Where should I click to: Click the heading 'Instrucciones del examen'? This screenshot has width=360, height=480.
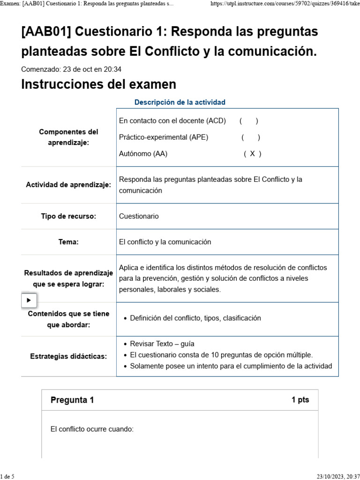tap(99, 84)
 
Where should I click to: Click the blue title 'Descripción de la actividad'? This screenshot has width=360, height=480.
tap(180, 102)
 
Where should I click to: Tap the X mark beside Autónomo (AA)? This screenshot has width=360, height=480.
tap(253, 154)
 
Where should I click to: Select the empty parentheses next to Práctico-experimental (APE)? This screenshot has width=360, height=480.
tap(251, 137)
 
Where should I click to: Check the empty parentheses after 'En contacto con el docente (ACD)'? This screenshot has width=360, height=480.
tap(248, 121)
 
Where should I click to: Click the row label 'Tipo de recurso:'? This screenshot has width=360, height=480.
tap(68, 216)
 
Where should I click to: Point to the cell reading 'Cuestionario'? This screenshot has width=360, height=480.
tap(139, 216)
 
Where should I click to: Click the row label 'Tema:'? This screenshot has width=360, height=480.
tap(68, 242)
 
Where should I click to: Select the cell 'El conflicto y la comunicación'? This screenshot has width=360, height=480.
tap(165, 242)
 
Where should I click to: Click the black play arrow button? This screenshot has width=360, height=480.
tap(29, 300)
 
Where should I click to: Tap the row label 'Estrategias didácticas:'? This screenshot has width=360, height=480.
tap(68, 356)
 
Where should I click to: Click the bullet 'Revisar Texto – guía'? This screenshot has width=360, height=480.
tap(162, 344)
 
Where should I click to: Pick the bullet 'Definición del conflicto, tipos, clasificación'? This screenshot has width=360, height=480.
tap(195, 318)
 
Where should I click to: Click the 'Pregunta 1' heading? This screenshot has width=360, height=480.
tap(72, 400)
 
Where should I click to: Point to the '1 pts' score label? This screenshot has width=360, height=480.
tap(300, 400)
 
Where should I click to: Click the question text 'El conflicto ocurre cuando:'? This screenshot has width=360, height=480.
tap(92, 429)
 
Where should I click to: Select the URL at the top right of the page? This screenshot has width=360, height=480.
tap(285, 3)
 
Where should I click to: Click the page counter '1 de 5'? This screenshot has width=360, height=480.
tap(7, 476)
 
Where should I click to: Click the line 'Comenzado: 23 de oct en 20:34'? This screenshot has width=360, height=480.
tap(71, 69)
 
